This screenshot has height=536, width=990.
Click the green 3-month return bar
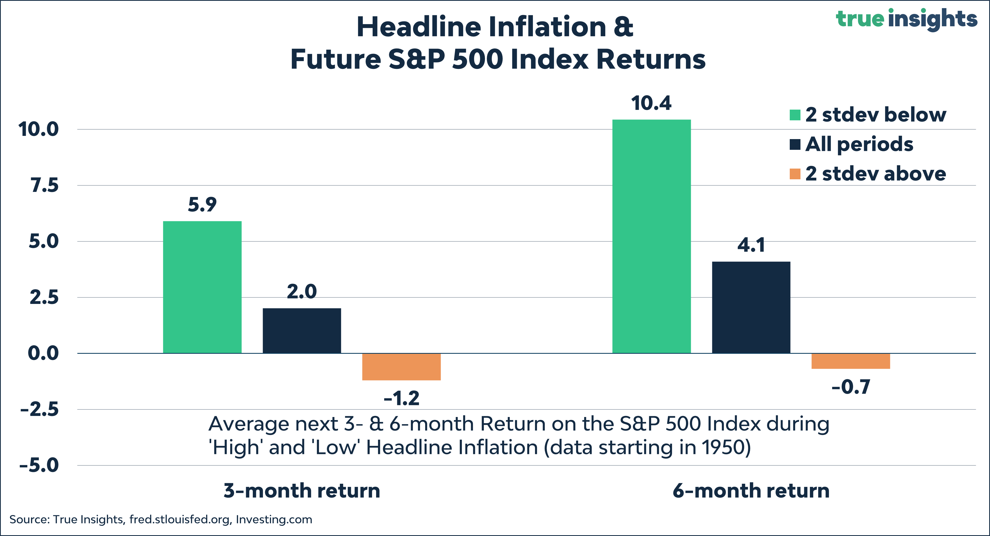click(x=202, y=287)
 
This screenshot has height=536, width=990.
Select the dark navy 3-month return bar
click(x=302, y=330)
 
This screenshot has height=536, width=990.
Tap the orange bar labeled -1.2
click(x=401, y=367)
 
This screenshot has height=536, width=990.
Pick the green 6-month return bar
click(x=651, y=236)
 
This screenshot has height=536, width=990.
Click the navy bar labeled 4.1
click(x=751, y=307)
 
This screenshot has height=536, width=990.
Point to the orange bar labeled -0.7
click(x=851, y=361)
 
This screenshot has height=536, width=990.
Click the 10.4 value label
click(x=651, y=103)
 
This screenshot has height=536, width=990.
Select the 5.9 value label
click(x=202, y=204)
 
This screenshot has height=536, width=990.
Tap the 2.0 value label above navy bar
click(x=302, y=292)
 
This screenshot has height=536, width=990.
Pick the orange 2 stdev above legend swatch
click(x=795, y=174)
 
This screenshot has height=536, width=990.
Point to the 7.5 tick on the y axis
click(x=45, y=185)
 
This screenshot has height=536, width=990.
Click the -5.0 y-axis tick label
click(x=39, y=465)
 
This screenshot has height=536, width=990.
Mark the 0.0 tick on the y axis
click(x=43, y=353)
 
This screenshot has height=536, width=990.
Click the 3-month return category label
click(x=302, y=491)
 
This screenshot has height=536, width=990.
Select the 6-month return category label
click(x=751, y=491)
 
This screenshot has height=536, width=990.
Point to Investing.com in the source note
click(x=274, y=519)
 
